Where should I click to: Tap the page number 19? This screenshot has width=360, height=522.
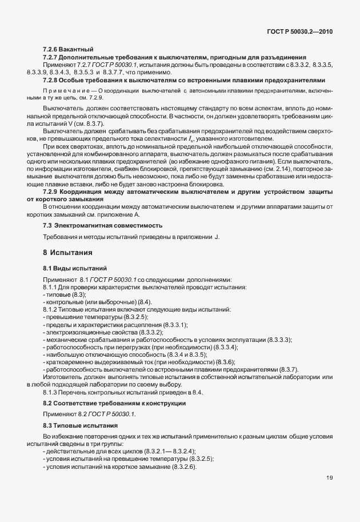pos(329,493)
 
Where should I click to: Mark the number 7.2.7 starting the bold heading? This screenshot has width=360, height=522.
pos(51,58)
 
